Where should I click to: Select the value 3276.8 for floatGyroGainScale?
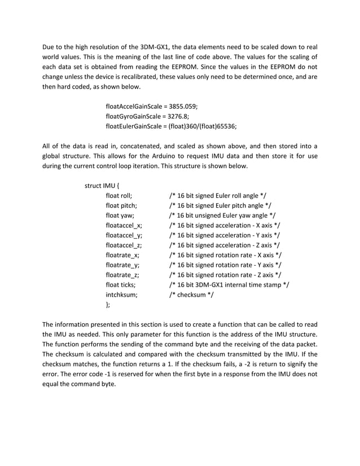179,116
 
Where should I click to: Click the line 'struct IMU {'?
102,186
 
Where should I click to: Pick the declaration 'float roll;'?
118,196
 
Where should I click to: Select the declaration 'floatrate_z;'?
122,275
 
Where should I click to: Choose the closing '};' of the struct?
108,305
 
